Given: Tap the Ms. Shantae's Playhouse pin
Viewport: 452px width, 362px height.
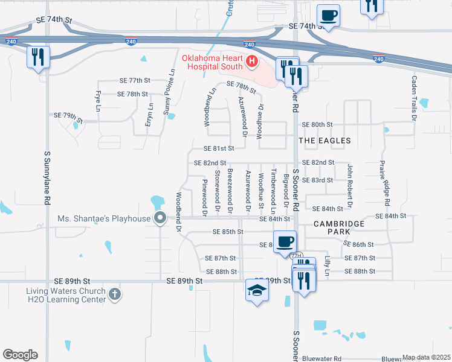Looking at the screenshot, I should point(160,218).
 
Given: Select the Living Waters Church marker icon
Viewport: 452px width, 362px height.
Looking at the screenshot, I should point(115,294).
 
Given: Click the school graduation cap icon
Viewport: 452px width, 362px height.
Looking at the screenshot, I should point(257,291).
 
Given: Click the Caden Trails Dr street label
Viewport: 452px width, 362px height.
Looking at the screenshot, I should point(415,97).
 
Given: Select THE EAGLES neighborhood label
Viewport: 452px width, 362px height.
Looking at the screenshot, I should point(325,141).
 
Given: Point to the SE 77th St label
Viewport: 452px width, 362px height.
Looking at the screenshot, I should point(134,80).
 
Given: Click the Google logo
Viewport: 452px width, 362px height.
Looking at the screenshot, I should point(20,355).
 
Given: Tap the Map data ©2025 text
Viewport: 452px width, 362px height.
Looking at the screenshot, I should point(426,357).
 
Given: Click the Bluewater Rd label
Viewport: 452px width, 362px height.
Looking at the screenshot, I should point(323,358).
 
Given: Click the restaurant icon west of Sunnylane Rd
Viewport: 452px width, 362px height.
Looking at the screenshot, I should point(37,57).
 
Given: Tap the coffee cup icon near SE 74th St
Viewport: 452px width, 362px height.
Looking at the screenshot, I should point(328,15).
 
